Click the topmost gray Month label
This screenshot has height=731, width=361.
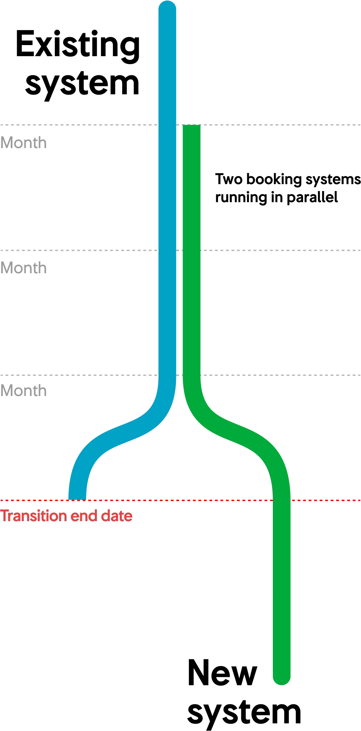click(x=24, y=143)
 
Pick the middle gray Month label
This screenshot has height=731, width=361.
click(x=24, y=268)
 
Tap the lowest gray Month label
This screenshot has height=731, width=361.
click(x=24, y=391)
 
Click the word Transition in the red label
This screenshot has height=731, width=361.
click(x=34, y=516)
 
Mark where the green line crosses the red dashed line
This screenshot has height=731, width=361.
click(x=282, y=501)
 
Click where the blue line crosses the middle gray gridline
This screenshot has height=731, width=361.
click(x=168, y=250)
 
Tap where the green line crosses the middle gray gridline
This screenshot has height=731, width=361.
click(x=192, y=250)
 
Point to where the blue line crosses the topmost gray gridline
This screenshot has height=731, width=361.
click(x=168, y=125)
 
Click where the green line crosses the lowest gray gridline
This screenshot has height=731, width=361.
click(x=192, y=376)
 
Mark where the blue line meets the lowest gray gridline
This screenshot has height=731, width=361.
click(x=168, y=376)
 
